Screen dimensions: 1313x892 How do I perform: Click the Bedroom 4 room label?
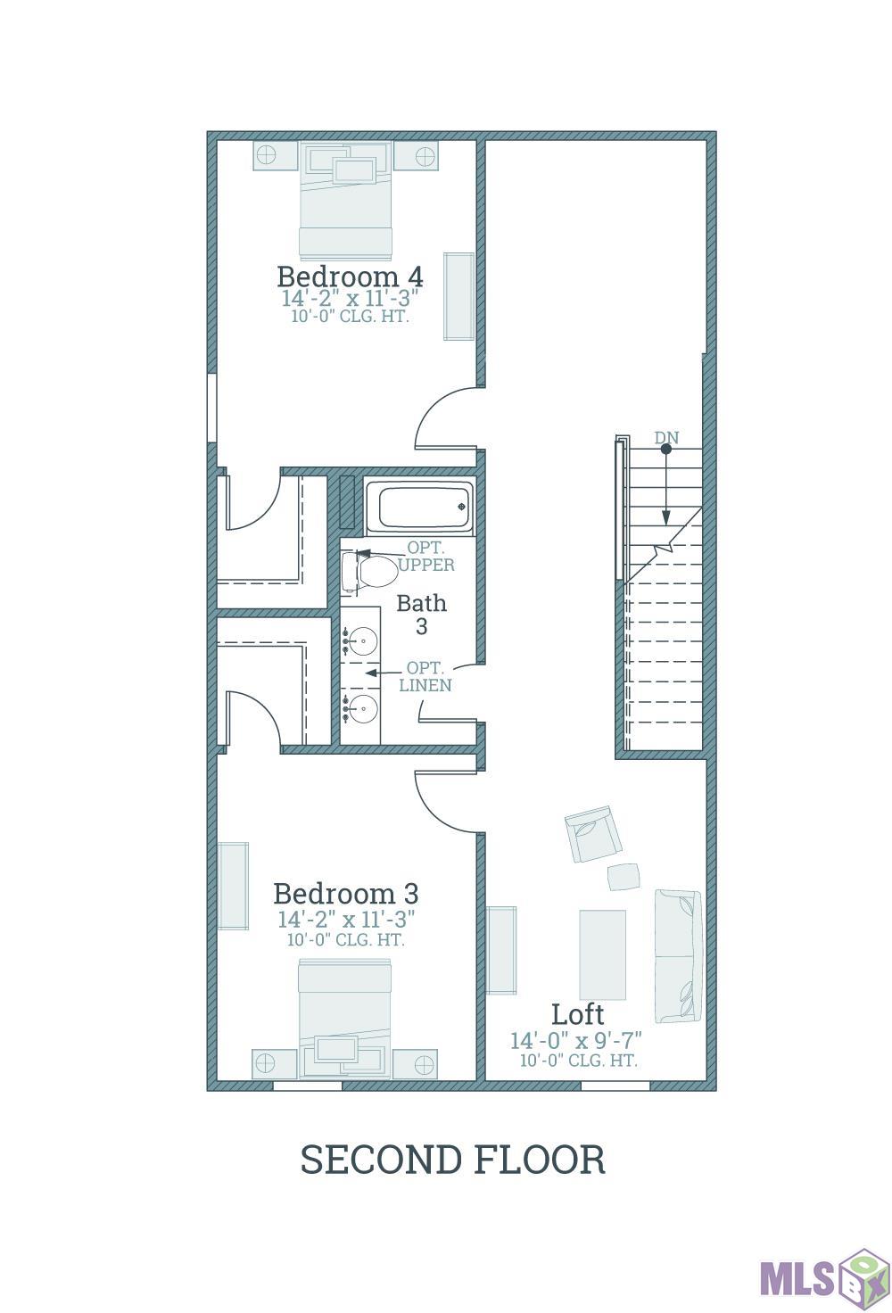tap(350, 276)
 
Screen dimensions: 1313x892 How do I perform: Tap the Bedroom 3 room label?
tap(346, 893)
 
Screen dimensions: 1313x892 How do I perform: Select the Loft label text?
tap(577, 1014)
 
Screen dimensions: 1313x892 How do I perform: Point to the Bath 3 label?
tap(421, 615)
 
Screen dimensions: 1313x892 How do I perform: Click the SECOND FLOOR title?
tap(452, 1160)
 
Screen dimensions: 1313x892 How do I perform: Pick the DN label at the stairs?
tap(666, 437)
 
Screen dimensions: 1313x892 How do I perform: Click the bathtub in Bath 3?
tap(420, 508)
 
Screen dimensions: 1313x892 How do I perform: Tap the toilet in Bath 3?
tap(366, 572)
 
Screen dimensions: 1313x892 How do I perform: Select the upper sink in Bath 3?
tap(362, 638)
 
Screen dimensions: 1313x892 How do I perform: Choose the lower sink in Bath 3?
tap(362, 709)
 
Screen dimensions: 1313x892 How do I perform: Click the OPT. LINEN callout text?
tap(425, 676)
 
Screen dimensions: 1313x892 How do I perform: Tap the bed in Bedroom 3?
tap(344, 1017)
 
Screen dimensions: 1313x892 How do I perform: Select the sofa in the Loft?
tap(679, 955)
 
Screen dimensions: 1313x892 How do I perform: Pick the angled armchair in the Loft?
tap(591, 833)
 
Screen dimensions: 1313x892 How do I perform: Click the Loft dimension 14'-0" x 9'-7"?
tap(576, 1041)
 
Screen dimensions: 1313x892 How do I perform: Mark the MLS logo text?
tap(799, 1278)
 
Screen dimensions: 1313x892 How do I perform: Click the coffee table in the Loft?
tap(602, 954)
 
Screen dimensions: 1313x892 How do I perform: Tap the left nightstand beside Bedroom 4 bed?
tap(274, 154)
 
